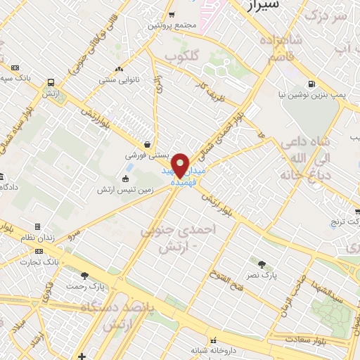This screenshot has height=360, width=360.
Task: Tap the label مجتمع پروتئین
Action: point(171,26)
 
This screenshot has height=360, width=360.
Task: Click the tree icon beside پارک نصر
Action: point(262,265)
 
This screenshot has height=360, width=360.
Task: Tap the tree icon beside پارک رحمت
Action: point(85,276)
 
